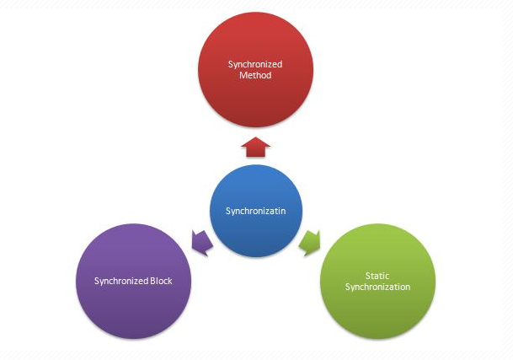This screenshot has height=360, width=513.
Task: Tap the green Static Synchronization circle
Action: point(378,281)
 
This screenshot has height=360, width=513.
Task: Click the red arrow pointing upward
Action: point(254,148)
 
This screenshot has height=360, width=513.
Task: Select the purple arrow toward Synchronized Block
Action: point(202,242)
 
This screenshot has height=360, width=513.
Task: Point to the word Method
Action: point(254,75)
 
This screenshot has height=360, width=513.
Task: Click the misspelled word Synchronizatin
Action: point(255,211)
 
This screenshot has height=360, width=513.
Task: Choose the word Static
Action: point(377,276)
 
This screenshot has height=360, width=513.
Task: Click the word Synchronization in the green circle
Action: point(377,287)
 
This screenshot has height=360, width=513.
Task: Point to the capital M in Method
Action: point(243,75)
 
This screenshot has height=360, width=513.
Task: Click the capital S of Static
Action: point(369,276)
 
